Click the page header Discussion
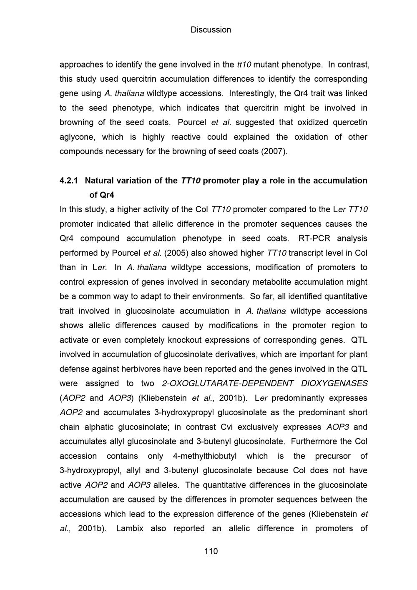211,30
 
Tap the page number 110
211,551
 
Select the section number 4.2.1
69,181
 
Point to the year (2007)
274,151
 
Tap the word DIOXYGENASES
334,383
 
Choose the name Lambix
130,529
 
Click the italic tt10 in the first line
244,65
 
